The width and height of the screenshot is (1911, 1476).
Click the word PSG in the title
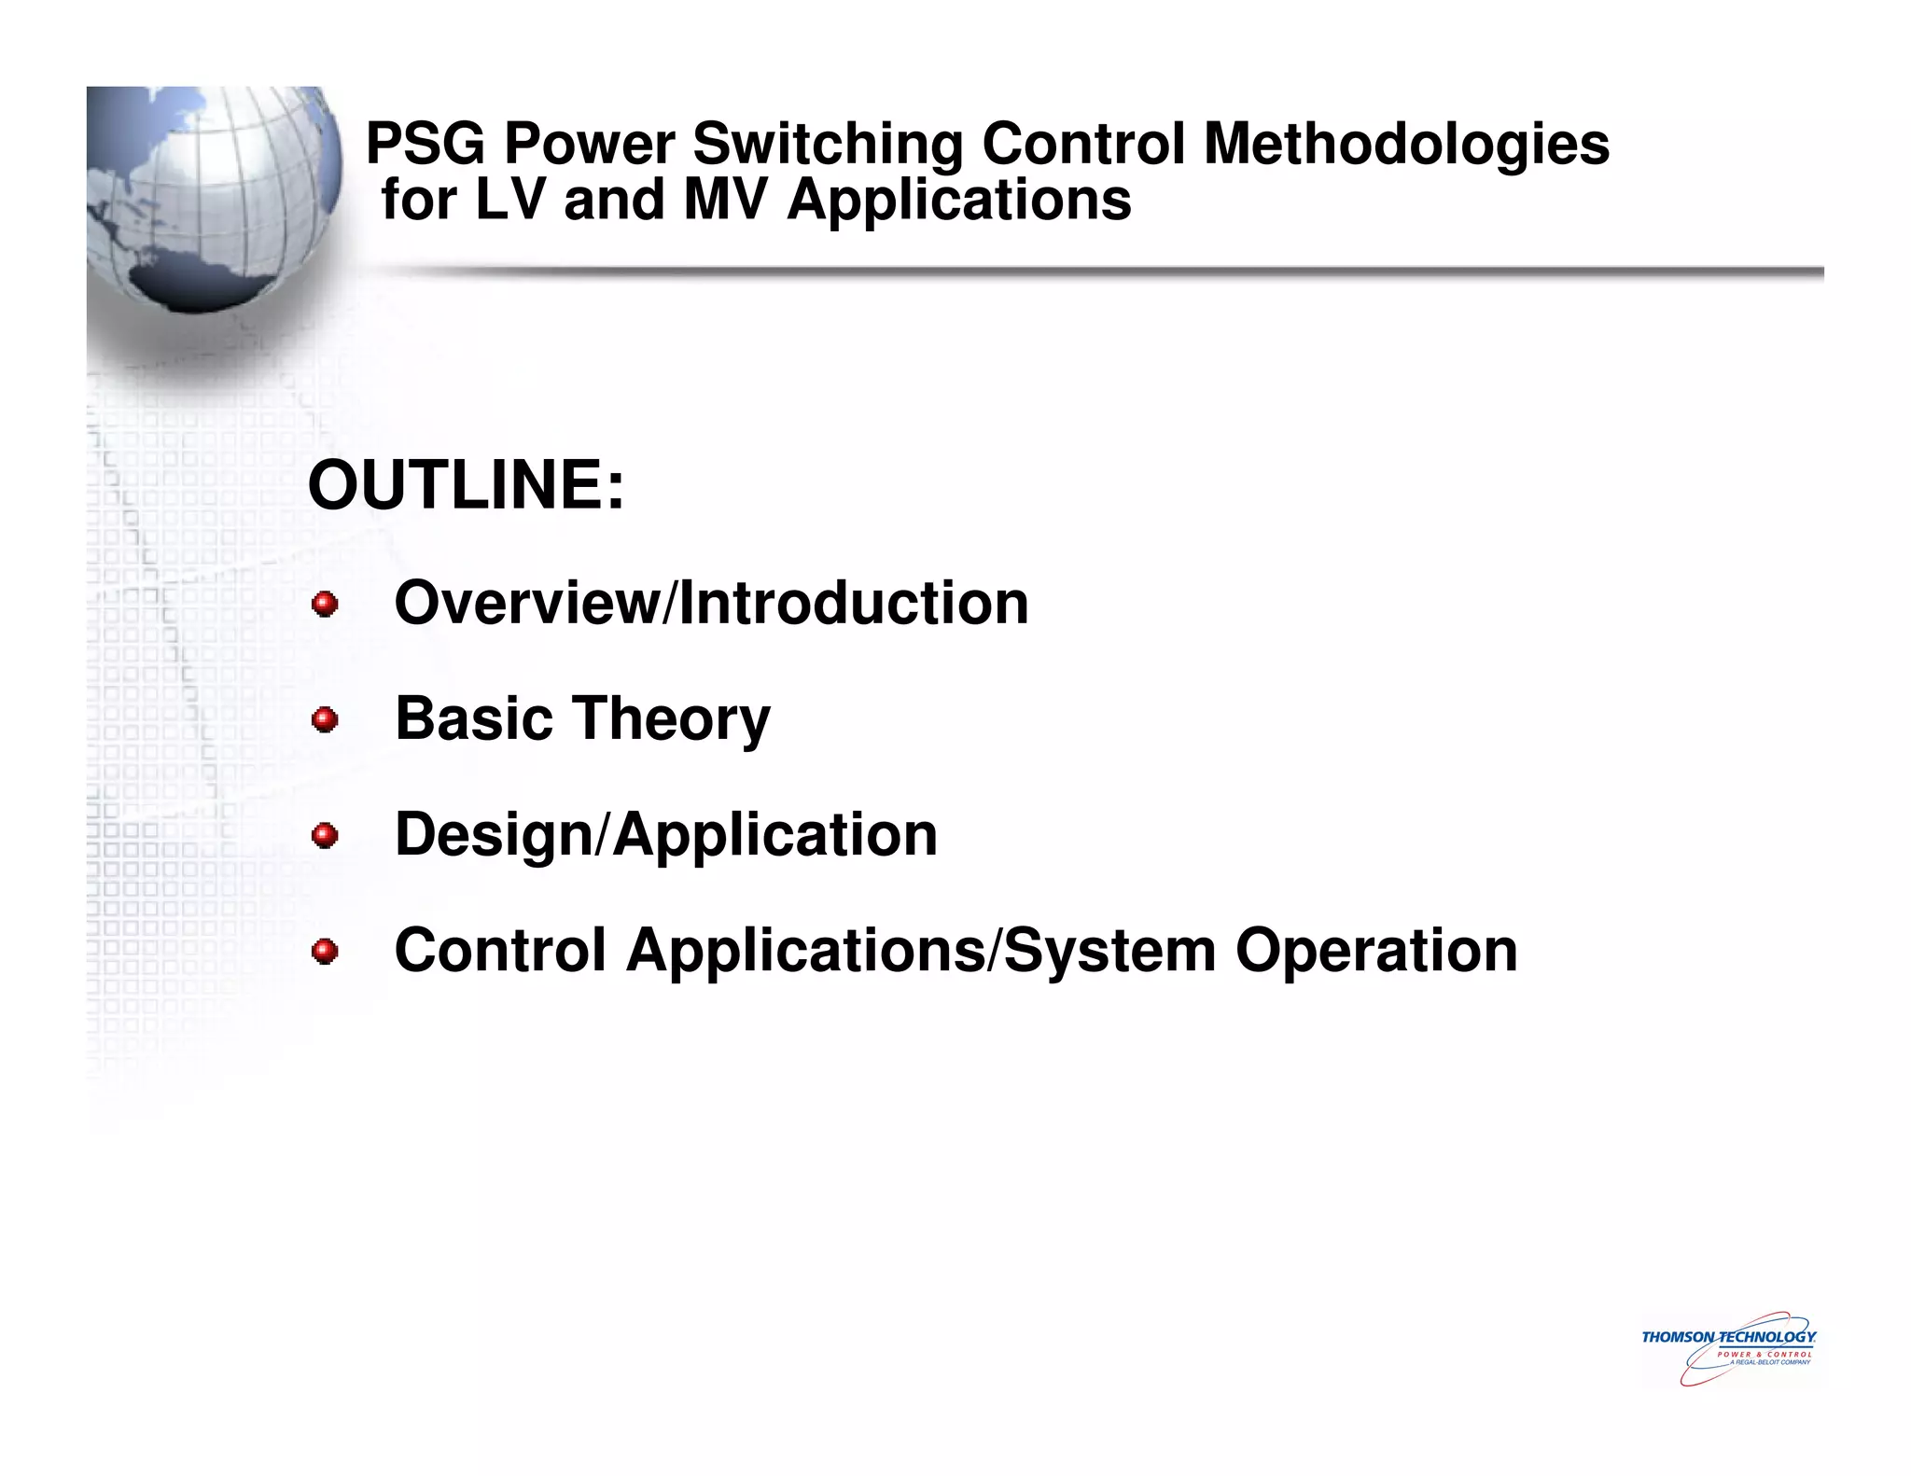[x=425, y=145]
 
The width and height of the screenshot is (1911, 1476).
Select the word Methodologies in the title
[x=1406, y=145]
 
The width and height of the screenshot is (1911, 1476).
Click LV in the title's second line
[x=509, y=200]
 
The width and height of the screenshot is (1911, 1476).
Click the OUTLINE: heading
[x=466, y=485]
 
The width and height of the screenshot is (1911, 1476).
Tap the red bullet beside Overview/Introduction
[x=325, y=605]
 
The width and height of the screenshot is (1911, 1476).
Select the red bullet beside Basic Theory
[x=325, y=720]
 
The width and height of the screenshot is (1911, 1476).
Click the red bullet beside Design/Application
[x=325, y=836]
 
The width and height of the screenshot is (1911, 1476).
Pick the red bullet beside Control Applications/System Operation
[x=325, y=953]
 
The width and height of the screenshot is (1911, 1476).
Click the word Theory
[x=672, y=719]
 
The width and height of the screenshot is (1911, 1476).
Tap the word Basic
[x=475, y=719]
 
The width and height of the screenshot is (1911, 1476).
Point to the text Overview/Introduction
[x=711, y=603]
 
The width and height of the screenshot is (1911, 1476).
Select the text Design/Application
[x=665, y=834]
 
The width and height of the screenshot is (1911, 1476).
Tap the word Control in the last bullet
[x=500, y=951]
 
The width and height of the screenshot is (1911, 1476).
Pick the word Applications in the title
[x=958, y=200]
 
